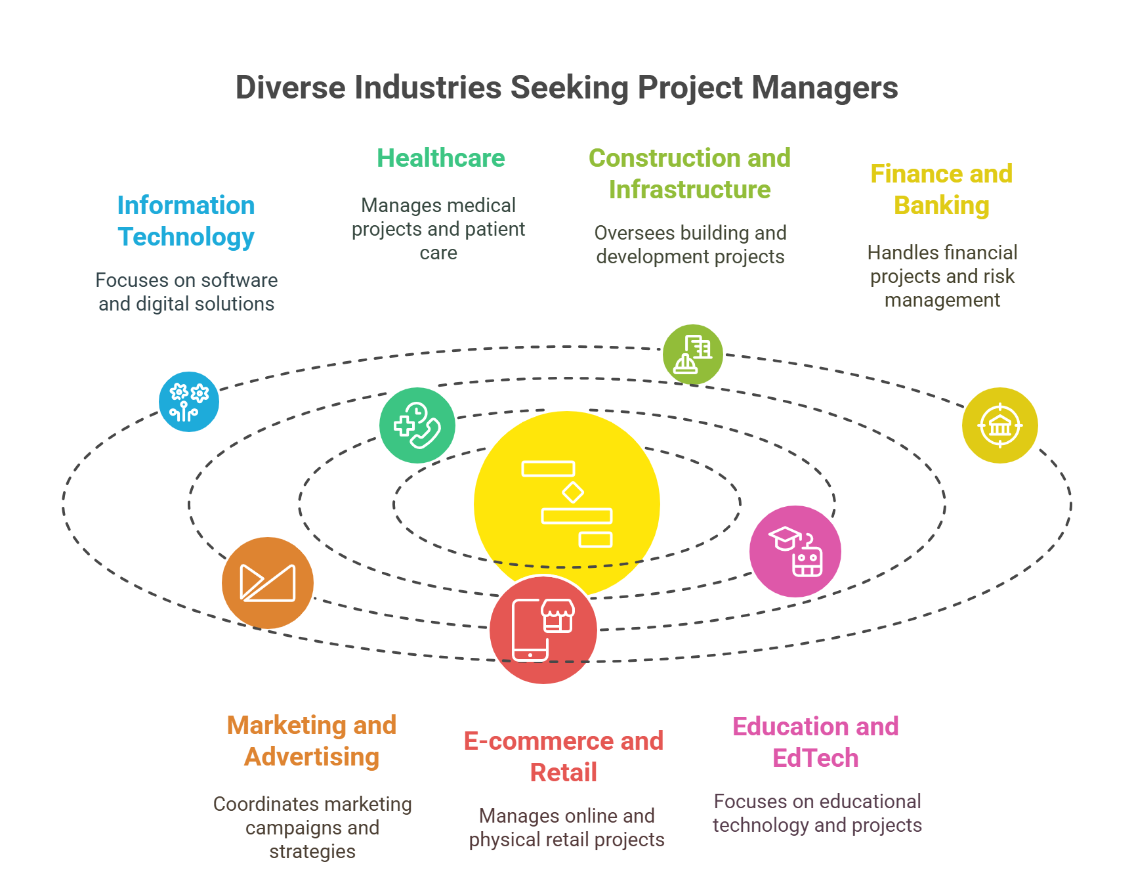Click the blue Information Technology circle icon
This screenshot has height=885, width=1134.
(x=189, y=402)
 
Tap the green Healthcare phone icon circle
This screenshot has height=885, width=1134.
(x=417, y=425)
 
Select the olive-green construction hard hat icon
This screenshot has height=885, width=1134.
(x=692, y=355)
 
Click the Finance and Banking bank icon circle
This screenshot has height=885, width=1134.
(x=999, y=425)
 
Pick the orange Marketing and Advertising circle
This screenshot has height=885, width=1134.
(x=268, y=583)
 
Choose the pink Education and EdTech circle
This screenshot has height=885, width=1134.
(x=795, y=551)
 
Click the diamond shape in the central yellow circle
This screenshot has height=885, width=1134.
(x=573, y=492)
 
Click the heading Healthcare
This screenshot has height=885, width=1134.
(x=440, y=158)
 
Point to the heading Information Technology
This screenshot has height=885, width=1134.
(x=186, y=221)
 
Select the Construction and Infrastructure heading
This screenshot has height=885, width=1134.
(x=689, y=174)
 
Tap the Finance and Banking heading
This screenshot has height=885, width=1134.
(x=941, y=190)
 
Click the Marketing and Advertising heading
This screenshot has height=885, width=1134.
(x=312, y=741)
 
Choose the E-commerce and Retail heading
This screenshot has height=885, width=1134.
(x=564, y=757)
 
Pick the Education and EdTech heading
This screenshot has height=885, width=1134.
(x=815, y=743)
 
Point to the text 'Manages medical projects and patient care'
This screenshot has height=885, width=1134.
(x=438, y=229)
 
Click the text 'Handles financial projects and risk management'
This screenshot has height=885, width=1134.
(x=942, y=276)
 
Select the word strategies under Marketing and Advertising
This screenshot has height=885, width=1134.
(x=312, y=852)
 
